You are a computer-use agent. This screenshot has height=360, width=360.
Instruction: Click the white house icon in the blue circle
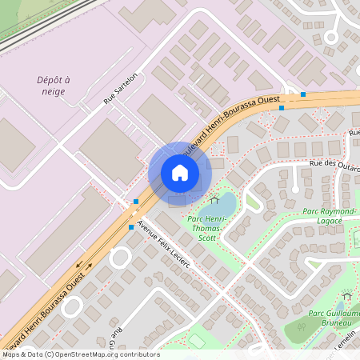coord(180,173)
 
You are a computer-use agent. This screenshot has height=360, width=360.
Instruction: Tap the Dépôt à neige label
coord(54,86)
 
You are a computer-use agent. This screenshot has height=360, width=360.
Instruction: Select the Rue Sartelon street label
coord(121,88)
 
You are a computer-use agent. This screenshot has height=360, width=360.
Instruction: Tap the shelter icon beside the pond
coord(213,200)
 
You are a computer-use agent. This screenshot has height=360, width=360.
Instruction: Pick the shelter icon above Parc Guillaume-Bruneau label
coord(346,296)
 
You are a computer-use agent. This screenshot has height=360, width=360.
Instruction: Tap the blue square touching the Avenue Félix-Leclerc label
coord(132,227)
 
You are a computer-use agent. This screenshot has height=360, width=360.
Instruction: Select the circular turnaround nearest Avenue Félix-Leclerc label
coord(120,258)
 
